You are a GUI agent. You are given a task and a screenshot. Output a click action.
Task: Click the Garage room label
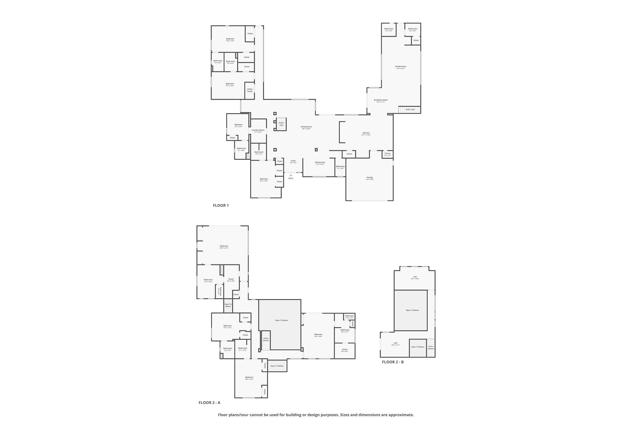pyautogui.click(x=370, y=177)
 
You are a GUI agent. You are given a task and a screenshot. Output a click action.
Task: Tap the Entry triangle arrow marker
pyautogui.click(x=291, y=175)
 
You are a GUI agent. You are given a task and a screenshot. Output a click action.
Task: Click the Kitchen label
pyautogui.click(x=366, y=133)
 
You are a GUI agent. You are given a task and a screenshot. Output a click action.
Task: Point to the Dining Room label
pyautogui.click(x=306, y=127)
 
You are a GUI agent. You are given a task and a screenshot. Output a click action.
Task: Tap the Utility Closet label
pyautogui.click(x=250, y=90)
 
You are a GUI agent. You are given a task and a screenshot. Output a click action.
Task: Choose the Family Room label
pyautogui.click(x=400, y=67)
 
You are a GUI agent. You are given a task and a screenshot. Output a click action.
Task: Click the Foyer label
pyautogui.click(x=293, y=161)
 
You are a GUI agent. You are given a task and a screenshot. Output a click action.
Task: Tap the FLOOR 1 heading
pyautogui.click(x=221, y=205)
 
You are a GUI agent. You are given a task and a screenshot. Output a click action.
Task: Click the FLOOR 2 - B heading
pyautogui.click(x=393, y=362)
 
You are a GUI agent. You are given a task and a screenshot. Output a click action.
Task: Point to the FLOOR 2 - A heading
pyautogui.click(x=209, y=402)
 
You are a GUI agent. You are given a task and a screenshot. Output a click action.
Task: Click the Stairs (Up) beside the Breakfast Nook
pyautogui.click(x=410, y=109)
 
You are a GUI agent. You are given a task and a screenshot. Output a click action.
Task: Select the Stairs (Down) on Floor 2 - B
pyautogui.click(x=431, y=348)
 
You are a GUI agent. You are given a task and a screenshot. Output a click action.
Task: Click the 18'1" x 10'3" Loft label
pyautogui.click(x=415, y=277)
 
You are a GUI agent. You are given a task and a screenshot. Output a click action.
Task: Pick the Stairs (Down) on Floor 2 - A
pyautogui.click(x=266, y=339)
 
